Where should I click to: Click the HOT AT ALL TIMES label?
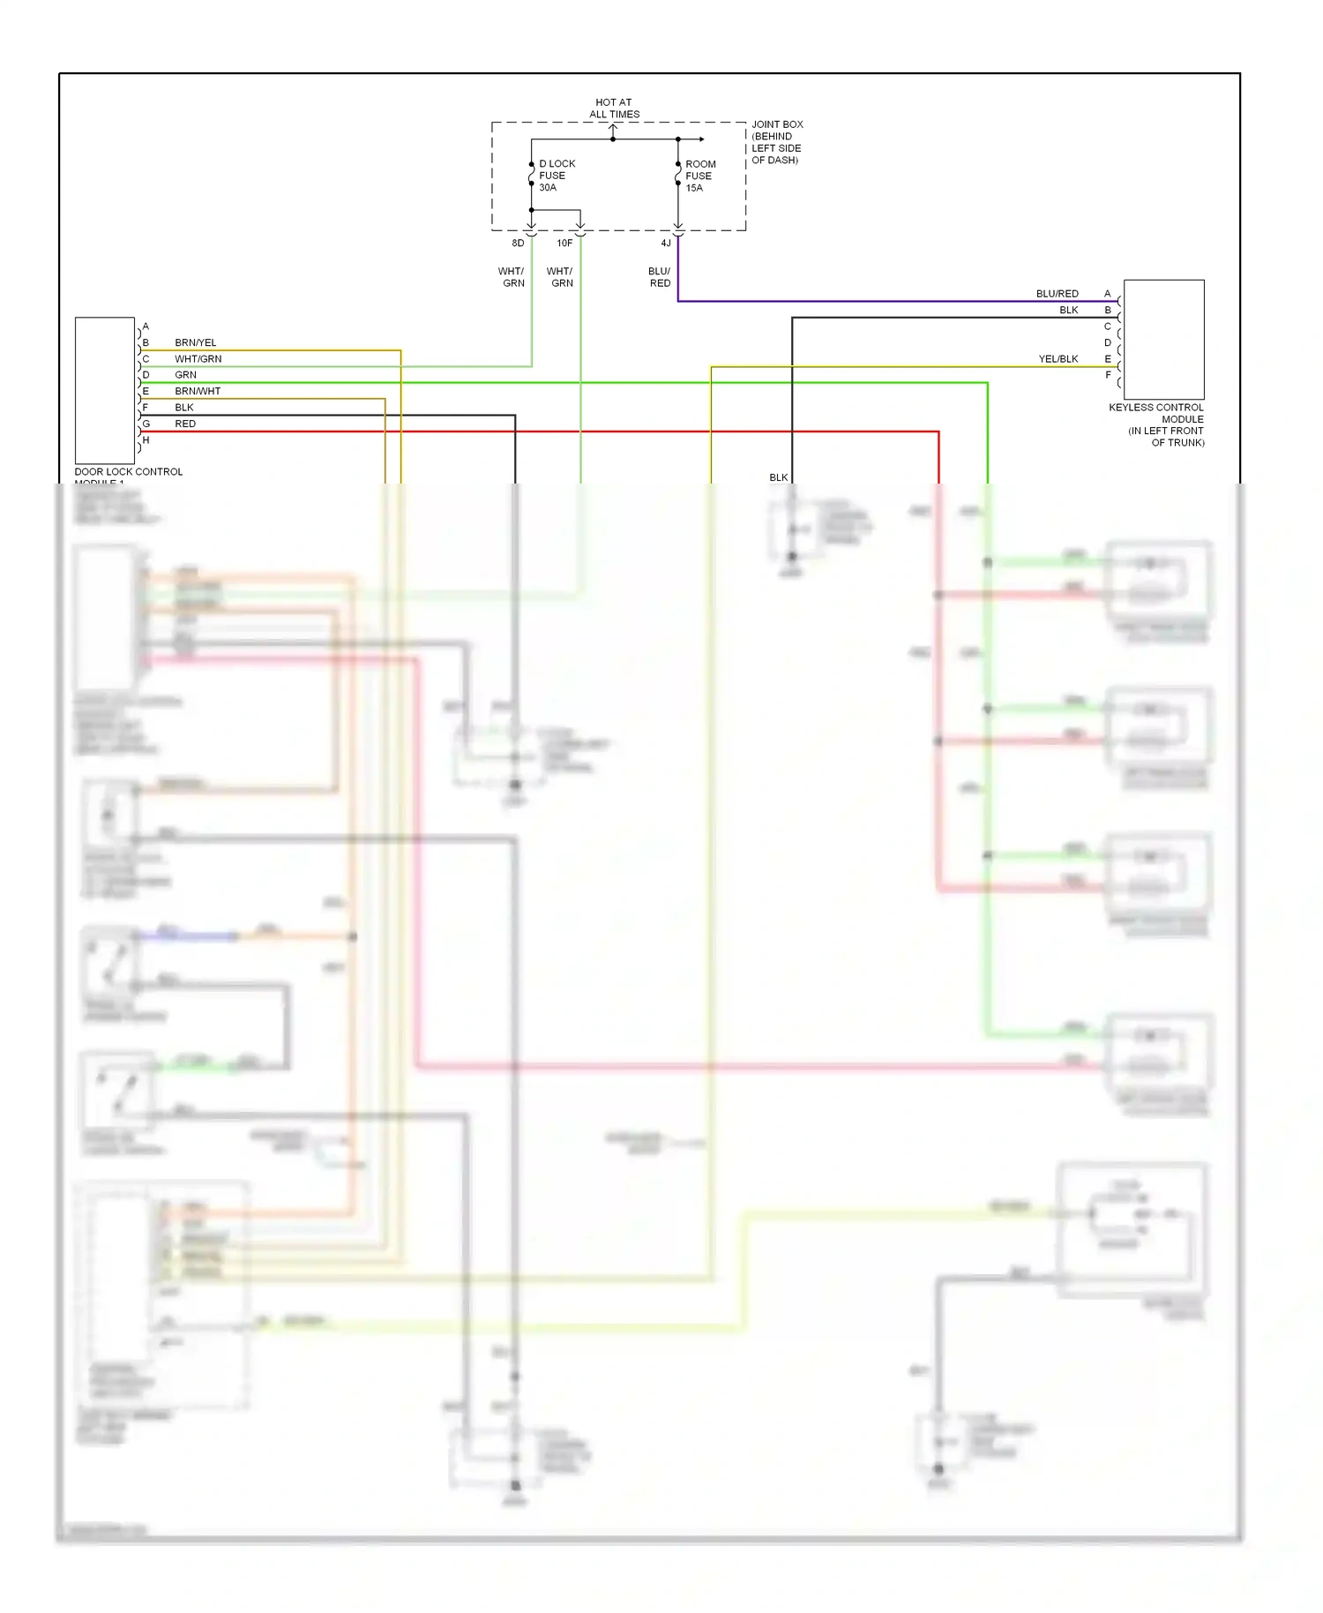point(614,109)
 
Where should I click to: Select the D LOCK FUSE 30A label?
point(556,176)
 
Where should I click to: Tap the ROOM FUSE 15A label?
point(700,176)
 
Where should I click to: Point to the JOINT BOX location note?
point(776,142)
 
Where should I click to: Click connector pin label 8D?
point(518,244)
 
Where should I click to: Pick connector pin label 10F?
point(564,244)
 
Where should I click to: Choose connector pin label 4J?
point(666,244)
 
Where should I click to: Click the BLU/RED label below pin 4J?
point(660,277)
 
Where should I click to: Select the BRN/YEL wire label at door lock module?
point(195,342)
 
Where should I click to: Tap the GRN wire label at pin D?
point(185,375)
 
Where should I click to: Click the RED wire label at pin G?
point(185,424)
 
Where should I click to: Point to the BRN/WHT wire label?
point(198,391)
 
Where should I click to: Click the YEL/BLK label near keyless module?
point(1058,359)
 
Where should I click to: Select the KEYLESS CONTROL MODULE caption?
point(1157,424)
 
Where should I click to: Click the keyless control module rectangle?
point(1163,340)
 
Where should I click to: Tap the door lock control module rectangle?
point(105,390)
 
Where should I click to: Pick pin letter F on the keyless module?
point(1108,375)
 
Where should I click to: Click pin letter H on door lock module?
point(146,439)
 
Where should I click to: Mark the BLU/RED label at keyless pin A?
point(1057,294)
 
